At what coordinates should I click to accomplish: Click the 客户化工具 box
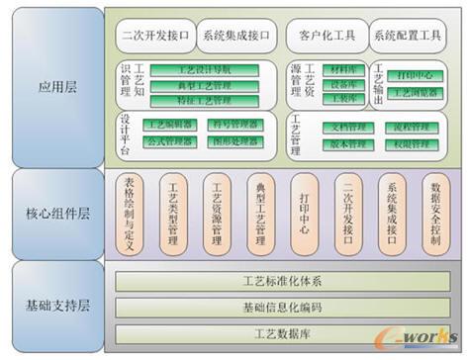point(326,37)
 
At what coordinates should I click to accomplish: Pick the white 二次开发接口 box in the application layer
point(154,37)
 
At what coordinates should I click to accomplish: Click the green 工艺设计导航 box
point(205,71)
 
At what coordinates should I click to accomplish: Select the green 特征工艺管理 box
point(205,101)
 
